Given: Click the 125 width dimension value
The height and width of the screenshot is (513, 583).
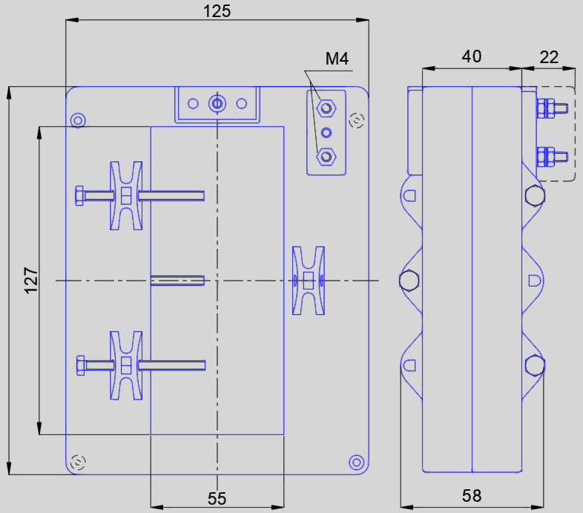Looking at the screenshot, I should point(217,11).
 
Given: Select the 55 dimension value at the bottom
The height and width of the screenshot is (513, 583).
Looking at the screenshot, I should point(217,498).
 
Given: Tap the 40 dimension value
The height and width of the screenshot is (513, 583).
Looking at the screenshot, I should point(472,56).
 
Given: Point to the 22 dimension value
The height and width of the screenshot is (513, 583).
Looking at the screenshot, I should point(549,56).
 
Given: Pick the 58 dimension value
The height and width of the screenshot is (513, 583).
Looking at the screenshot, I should point(472,495).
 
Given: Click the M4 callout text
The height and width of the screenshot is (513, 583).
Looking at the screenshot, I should point(337,59).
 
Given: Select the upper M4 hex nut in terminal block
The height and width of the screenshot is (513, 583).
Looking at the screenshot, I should point(325,108).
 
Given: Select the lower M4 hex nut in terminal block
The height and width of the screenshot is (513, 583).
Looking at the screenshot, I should point(325,157).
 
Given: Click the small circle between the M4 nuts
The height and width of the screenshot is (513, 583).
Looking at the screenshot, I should point(325,133).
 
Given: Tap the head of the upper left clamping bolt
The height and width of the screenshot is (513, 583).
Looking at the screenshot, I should point(79,196).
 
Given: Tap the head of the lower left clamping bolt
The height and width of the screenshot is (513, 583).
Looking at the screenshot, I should point(79,365).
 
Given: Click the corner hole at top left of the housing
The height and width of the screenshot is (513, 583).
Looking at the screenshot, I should point(77,120).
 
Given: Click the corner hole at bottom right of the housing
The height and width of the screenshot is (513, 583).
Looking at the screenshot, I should point(357,462).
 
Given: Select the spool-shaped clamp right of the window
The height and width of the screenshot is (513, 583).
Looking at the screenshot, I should point(309,281).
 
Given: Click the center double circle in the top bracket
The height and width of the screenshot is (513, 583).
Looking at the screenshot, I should point(217,103).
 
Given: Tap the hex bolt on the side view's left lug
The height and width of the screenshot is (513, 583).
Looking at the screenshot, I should point(409,281).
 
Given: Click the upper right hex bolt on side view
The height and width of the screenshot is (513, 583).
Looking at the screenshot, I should point(534,196).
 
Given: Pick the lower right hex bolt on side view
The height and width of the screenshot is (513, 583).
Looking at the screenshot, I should point(534,365).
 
